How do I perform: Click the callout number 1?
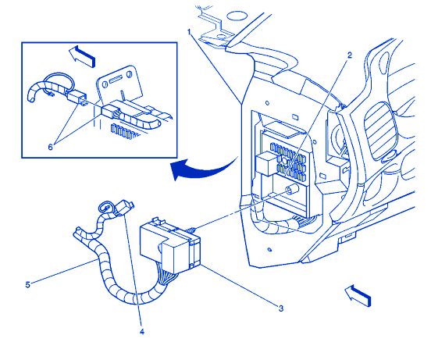coord(189,32)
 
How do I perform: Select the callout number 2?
coord(349,55)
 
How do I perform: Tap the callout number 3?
coord(280,308)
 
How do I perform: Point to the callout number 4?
coord(142,332)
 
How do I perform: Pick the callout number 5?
coord(27,285)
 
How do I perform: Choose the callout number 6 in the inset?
coord(50,148)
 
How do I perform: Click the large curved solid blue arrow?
coord(202,168)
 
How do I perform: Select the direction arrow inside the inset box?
coord(82,55)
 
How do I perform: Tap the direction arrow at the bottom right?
coord(358,296)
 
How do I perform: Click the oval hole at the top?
coord(237,16)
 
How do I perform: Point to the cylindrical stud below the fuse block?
coord(292,190)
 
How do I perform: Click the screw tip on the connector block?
coord(191,230)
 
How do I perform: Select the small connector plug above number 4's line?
coord(125,207)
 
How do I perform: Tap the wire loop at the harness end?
coord(105,207)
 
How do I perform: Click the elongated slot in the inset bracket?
coord(116,80)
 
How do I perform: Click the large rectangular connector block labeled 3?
coord(170,246)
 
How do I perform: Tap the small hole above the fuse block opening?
coord(267,103)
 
